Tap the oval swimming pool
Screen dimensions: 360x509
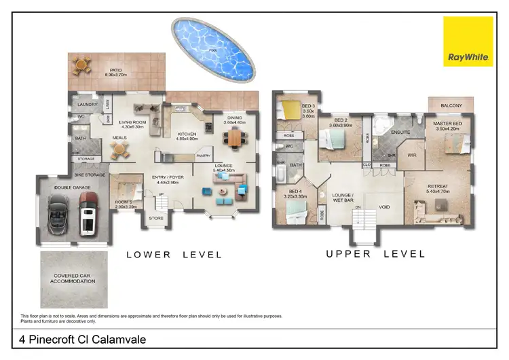point(212,48)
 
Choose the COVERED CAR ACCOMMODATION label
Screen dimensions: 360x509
point(74,278)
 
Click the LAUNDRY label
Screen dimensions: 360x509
point(88,105)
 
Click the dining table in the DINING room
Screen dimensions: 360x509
point(234,138)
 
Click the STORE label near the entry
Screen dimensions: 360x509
point(156,218)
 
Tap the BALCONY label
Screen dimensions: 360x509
point(451,105)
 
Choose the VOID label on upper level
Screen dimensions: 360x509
point(384,207)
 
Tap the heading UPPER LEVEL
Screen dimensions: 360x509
point(375,254)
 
